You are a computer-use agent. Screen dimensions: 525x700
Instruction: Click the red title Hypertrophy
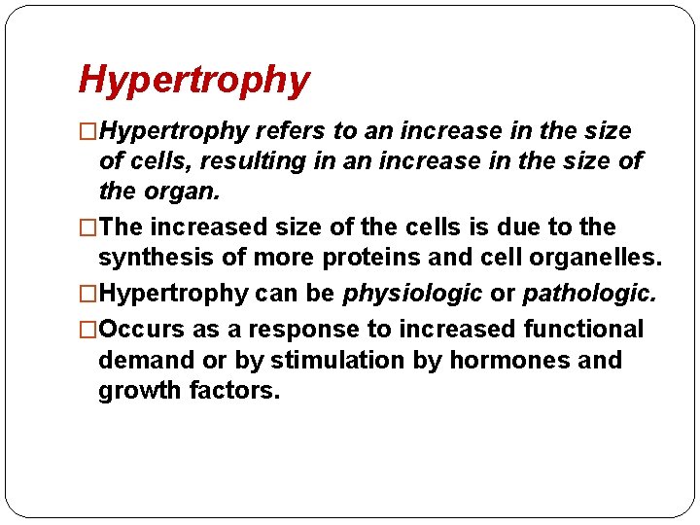click(193, 81)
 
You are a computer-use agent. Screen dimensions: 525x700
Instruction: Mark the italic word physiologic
click(412, 294)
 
